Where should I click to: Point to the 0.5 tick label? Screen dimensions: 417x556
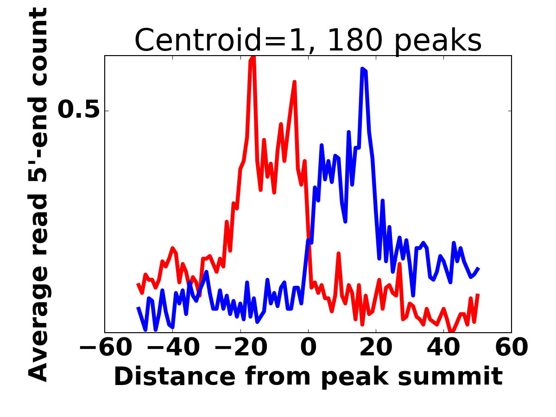click(79, 111)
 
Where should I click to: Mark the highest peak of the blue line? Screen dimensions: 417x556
click(362, 69)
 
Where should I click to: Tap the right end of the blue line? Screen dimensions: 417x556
click(478, 268)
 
